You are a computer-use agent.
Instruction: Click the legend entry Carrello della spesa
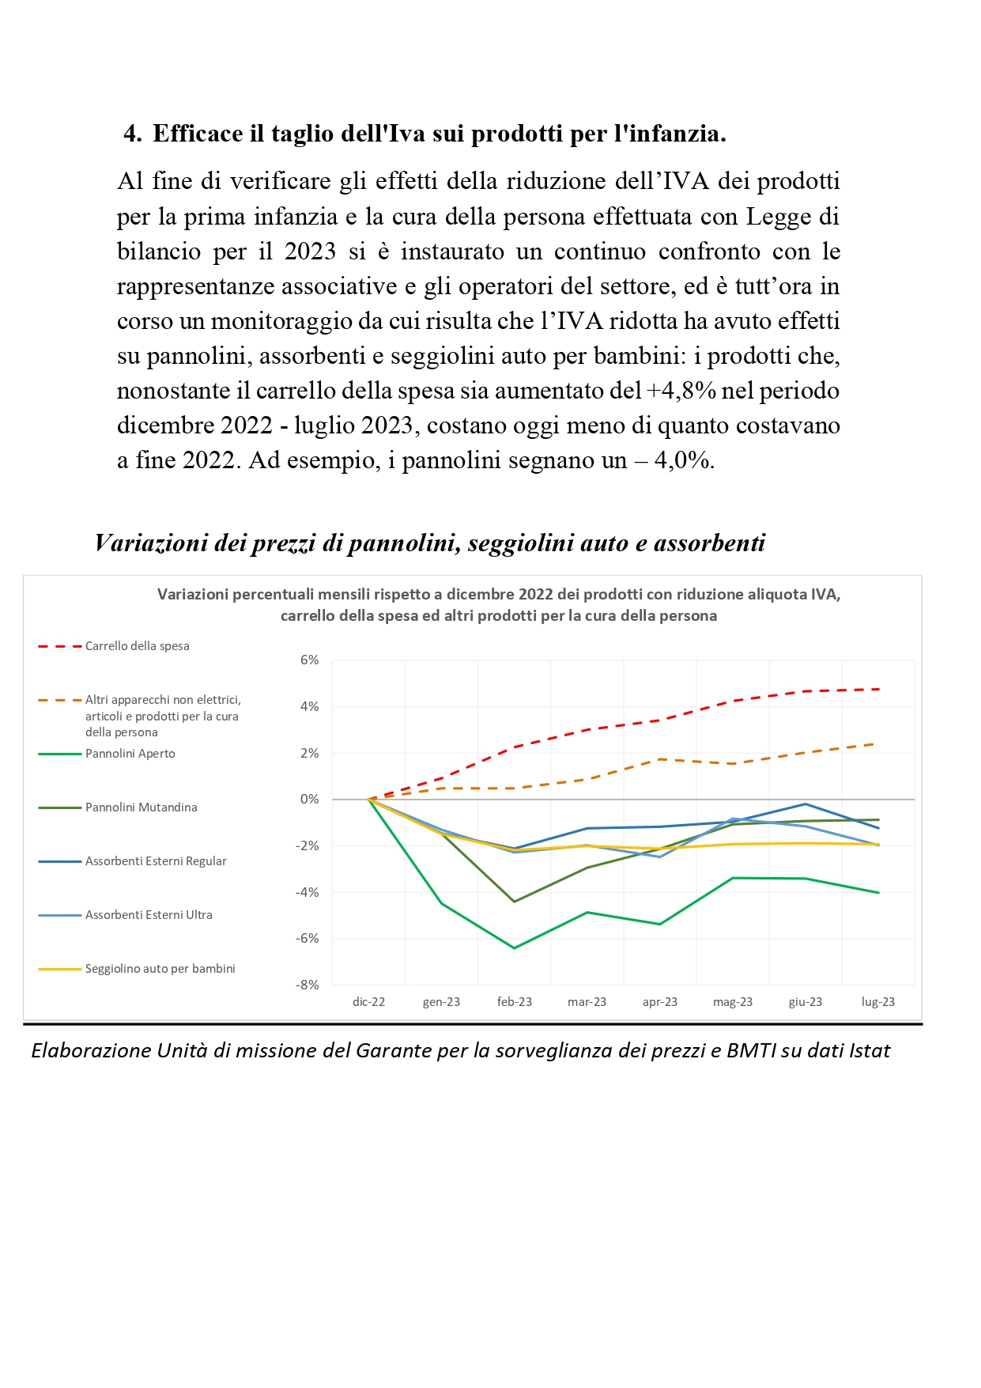(114, 646)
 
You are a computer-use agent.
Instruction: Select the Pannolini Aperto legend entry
(107, 754)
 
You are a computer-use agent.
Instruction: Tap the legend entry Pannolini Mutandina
(118, 807)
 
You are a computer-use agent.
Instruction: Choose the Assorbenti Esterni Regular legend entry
(132, 861)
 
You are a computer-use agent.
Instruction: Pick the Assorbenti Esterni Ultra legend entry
(125, 915)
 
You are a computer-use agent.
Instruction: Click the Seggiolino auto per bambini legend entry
(137, 969)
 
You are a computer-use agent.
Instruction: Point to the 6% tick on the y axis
(310, 660)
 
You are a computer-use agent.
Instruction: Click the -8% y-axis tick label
(308, 985)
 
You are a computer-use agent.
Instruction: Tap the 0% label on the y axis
(310, 799)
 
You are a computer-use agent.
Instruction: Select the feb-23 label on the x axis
(515, 1002)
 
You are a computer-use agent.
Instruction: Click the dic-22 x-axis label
(369, 1002)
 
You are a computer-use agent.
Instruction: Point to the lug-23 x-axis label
(878, 1002)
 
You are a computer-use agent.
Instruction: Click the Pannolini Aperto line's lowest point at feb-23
(515, 947)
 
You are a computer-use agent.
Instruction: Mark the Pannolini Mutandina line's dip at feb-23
(515, 902)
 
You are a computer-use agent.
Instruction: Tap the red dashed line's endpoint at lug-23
(879, 689)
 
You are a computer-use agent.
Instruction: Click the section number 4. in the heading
(133, 134)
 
